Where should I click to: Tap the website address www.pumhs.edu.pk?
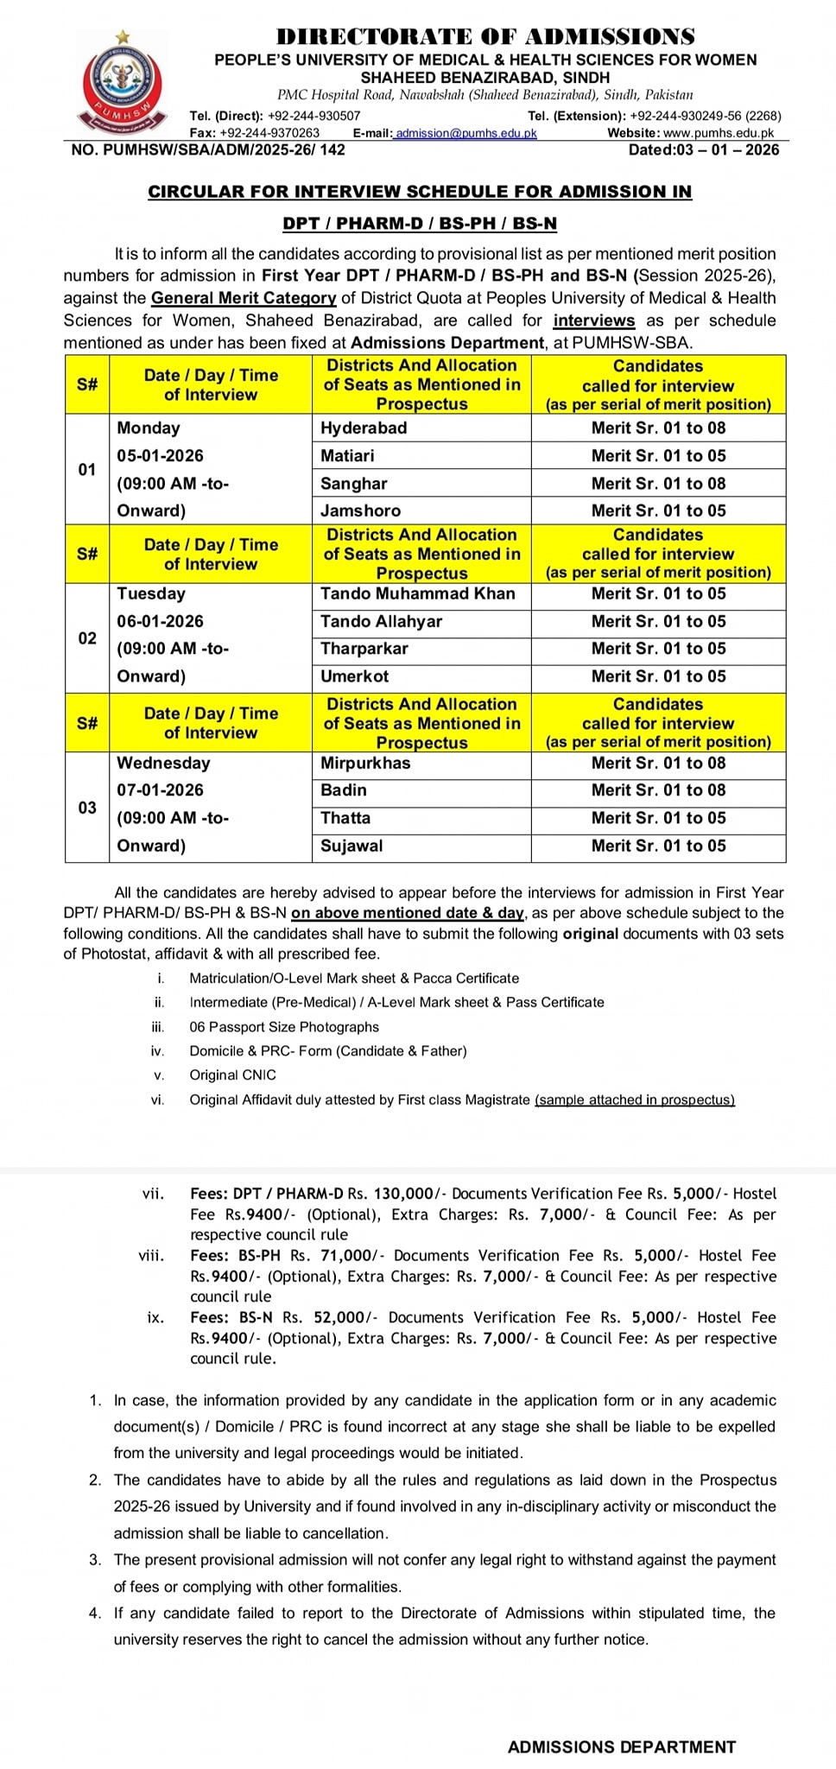coord(719,133)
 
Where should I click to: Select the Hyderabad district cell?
coord(364,428)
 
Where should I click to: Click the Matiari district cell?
coord(347,455)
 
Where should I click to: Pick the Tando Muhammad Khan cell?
coord(417,593)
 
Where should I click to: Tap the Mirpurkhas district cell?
coord(365,763)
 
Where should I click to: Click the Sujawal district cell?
coord(351,846)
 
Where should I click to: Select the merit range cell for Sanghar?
coord(658,484)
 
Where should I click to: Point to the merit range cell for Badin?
coord(658,790)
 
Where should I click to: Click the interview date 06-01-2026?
coord(161,621)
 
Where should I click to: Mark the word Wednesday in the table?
coord(163,763)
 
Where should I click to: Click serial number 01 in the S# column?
coord(87,469)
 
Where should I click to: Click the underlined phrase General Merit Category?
coord(244,298)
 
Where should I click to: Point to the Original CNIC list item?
coord(233,1075)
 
